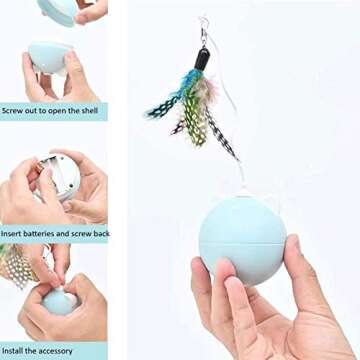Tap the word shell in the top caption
(x=93, y=112)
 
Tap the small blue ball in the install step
(x=59, y=303)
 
